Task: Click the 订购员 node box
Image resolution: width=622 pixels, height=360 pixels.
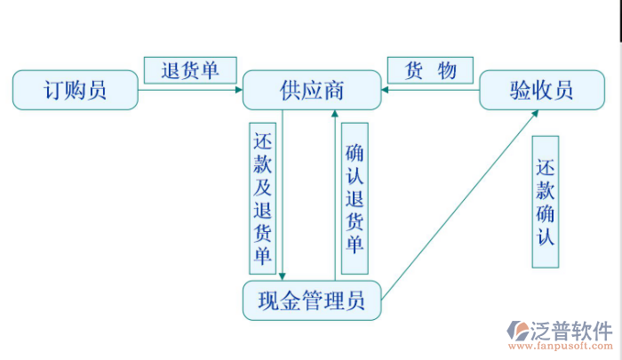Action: pyautogui.click(x=76, y=90)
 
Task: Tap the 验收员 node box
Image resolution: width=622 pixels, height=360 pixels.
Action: pyautogui.click(x=541, y=90)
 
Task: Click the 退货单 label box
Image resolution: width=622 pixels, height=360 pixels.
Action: pyautogui.click(x=190, y=70)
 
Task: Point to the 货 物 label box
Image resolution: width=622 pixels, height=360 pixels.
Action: pyautogui.click(x=430, y=70)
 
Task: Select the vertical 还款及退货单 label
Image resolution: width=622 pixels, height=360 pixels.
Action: pyautogui.click(x=263, y=197)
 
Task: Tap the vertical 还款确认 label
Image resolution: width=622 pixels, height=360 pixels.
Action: pyautogui.click(x=546, y=202)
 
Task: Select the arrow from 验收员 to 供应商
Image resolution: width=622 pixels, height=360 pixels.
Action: pyautogui.click(x=430, y=90)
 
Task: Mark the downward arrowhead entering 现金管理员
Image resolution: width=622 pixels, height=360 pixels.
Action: pyautogui.click(x=283, y=276)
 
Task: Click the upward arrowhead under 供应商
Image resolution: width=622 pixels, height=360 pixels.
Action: pyautogui.click(x=334, y=116)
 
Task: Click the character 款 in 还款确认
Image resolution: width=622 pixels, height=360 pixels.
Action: pyautogui.click(x=546, y=190)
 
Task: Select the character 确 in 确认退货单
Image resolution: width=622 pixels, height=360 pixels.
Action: pyautogui.click(x=355, y=152)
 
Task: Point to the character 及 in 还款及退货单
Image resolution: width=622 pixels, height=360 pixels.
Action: pyautogui.click(x=263, y=187)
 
